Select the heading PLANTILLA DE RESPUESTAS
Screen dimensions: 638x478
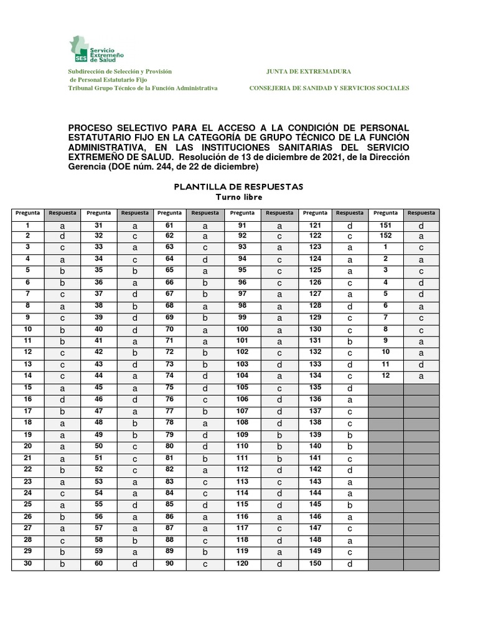click(x=238, y=186)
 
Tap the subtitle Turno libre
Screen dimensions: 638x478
click(x=238, y=197)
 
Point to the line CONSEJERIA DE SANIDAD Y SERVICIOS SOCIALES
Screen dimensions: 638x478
click(x=329, y=88)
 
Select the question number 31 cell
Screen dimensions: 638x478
click(x=98, y=226)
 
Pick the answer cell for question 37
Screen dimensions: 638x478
click(x=134, y=293)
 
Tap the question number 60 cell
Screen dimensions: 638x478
click(x=98, y=563)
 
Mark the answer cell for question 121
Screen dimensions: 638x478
click(x=350, y=226)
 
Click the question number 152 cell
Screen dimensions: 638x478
click(x=385, y=236)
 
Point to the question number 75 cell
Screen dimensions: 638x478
click(x=169, y=386)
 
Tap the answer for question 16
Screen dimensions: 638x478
click(x=63, y=399)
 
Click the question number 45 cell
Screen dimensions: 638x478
click(x=98, y=386)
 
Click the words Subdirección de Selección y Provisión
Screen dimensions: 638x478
click(x=119, y=72)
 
